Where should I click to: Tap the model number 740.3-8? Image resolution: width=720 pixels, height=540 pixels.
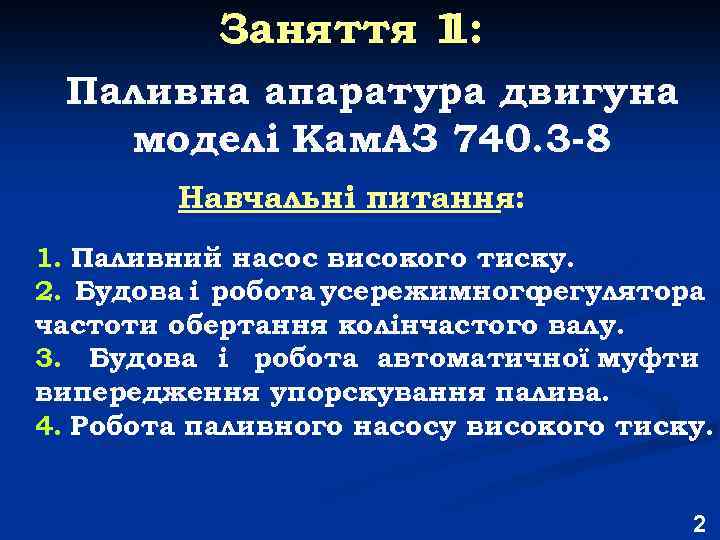tap(529, 140)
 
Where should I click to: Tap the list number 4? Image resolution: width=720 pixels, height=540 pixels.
tap(48, 425)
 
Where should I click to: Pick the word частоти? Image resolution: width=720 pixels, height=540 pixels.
tap(91, 325)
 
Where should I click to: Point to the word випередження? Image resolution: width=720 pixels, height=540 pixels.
tap(146, 391)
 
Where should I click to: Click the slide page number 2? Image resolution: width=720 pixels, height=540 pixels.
tap(698, 522)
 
